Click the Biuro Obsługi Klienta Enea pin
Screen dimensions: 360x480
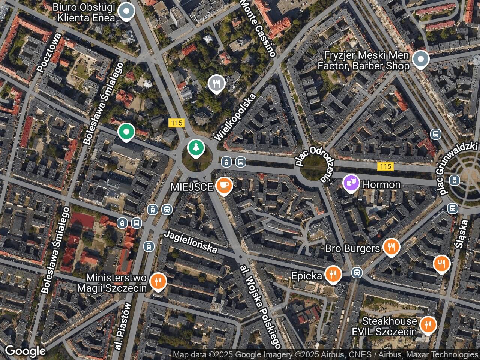click(x=126, y=11)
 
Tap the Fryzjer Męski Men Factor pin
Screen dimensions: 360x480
click(x=421, y=59)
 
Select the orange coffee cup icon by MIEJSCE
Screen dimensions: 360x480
click(x=224, y=186)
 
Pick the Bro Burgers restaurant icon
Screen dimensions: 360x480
click(x=391, y=247)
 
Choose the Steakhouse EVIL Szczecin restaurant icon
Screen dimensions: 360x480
click(x=427, y=325)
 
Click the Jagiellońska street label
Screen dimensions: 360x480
click(x=191, y=242)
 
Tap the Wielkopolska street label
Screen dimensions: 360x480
click(x=235, y=117)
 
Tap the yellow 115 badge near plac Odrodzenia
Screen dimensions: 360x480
click(x=385, y=166)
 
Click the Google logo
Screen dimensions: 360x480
click(x=25, y=351)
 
